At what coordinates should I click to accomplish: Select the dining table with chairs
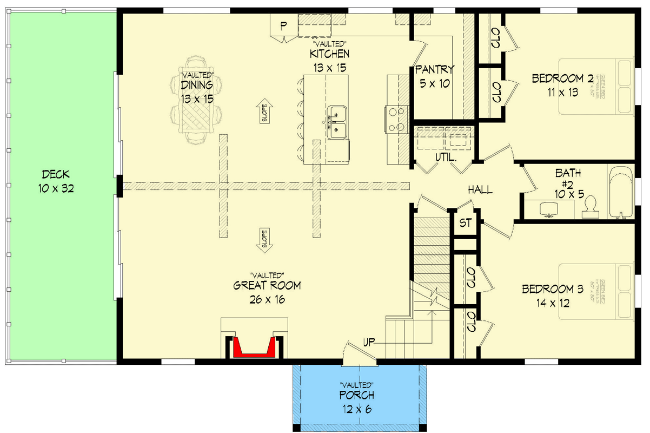tap(196, 107)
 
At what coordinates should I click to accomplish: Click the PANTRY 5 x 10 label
tap(435, 76)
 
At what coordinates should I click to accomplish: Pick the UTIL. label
tap(446, 158)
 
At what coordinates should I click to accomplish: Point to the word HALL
tap(480, 190)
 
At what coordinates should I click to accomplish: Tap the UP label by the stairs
tap(370, 342)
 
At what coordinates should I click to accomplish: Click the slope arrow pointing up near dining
tap(266, 112)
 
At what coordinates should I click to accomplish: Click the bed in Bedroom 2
tap(595, 86)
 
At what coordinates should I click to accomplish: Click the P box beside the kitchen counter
tap(283, 25)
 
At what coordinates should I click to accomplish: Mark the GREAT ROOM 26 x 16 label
tap(267, 292)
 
